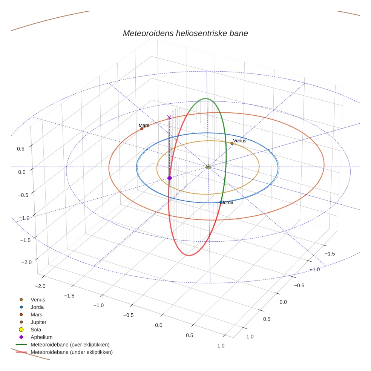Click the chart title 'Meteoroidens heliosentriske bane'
(x=185, y=33)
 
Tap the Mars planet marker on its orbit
(x=142, y=129)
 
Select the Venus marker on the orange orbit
(x=232, y=143)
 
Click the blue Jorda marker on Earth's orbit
(x=221, y=202)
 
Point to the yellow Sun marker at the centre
(x=208, y=167)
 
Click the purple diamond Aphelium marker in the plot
(x=169, y=178)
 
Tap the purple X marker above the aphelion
(x=169, y=118)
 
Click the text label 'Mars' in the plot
(x=144, y=125)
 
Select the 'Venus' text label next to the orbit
(x=239, y=141)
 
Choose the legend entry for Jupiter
(x=38, y=322)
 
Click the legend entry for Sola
(x=36, y=330)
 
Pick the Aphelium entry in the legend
(x=41, y=337)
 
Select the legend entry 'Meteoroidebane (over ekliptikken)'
(x=70, y=345)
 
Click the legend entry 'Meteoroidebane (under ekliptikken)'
(x=71, y=352)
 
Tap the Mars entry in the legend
(x=36, y=314)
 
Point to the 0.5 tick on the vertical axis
(x=20, y=149)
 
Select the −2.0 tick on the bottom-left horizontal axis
(x=40, y=286)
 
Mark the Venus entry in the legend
(x=38, y=299)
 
